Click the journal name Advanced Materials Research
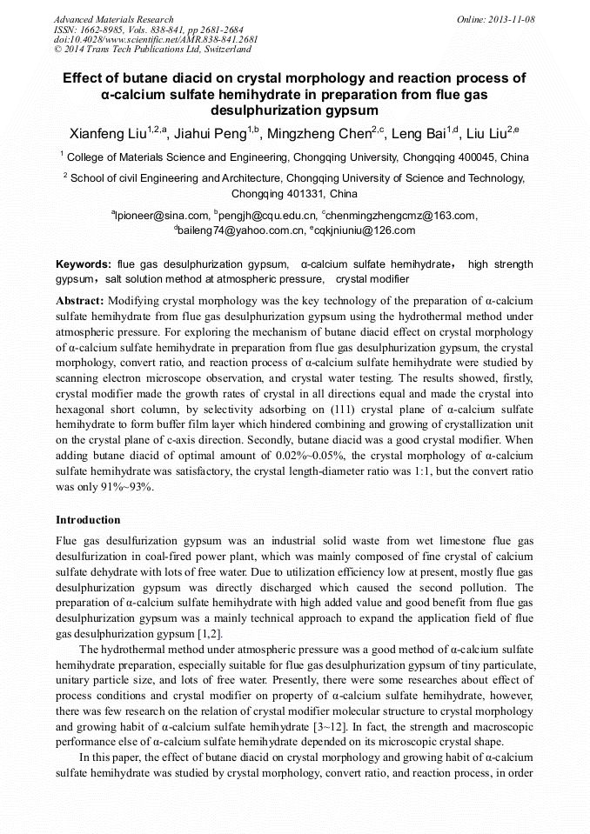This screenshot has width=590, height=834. [x=113, y=19]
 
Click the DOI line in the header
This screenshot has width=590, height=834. [x=156, y=39]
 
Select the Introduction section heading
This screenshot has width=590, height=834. [x=88, y=520]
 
